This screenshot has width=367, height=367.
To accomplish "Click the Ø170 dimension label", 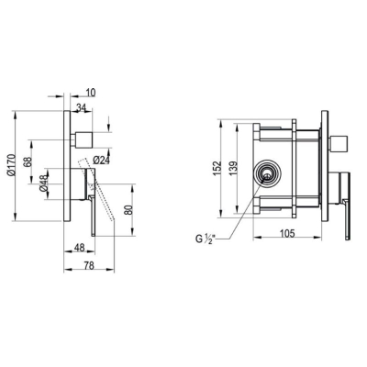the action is tap(11, 165).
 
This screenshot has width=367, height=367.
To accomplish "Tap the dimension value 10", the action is tap(91, 93).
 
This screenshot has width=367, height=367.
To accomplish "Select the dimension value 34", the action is tap(81, 107).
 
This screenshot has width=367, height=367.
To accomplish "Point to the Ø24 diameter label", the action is tap(101, 160).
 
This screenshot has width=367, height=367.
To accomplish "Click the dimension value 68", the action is tap(28, 161).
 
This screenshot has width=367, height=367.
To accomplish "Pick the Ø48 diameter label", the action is tap(44, 183).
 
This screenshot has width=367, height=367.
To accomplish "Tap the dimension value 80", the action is tap(129, 209).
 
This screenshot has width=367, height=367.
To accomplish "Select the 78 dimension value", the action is tap(89, 266).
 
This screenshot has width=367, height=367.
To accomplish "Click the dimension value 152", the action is tap(217, 168).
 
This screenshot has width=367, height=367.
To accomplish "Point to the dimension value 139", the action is tap(233, 168).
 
